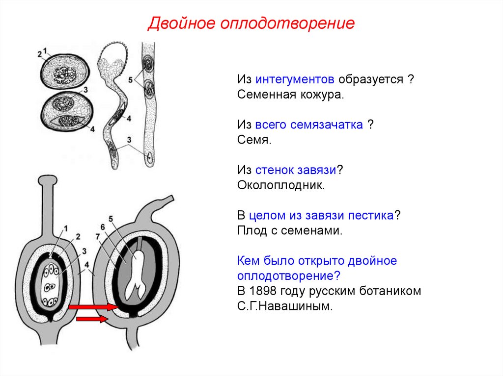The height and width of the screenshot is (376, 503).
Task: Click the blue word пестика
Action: tap(375, 215)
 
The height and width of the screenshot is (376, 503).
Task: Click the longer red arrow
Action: tap(93, 307)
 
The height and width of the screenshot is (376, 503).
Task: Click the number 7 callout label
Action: tap(98, 236)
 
